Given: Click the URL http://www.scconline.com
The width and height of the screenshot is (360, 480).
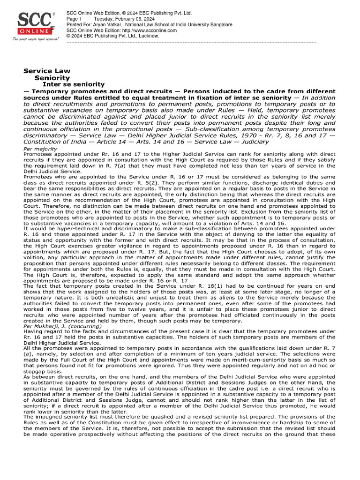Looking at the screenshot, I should tap(146, 30).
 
